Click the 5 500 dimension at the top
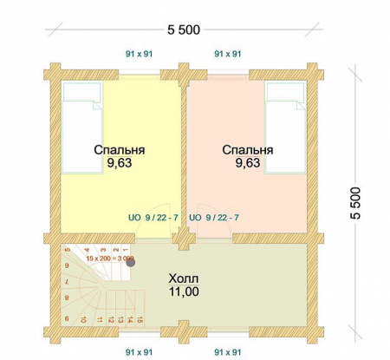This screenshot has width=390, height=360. tap(184, 29)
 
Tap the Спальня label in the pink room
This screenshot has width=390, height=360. tap(247, 149)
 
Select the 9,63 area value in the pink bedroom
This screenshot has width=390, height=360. tap(247, 162)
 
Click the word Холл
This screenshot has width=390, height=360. tap(183, 279)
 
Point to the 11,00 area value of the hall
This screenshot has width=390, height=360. tap(183, 293)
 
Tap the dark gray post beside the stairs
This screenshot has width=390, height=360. tap(131, 263)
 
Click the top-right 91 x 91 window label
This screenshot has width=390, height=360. tap(227, 54)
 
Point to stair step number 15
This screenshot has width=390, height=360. tap(136, 320)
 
